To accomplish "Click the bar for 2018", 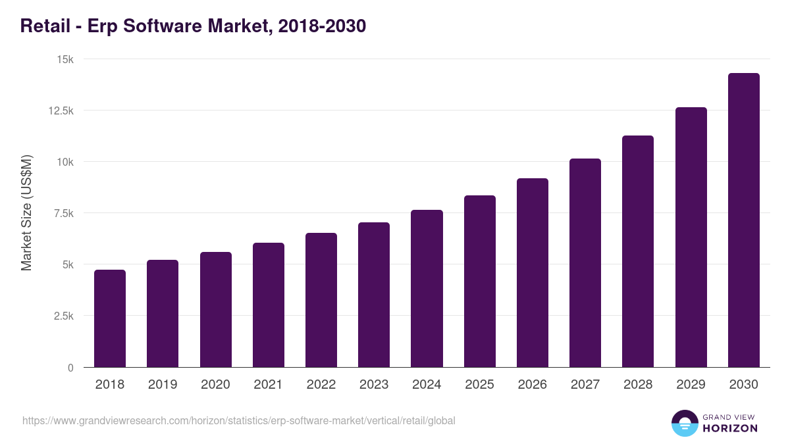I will (110, 318).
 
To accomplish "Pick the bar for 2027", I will (585, 262).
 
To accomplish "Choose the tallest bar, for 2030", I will (743, 220).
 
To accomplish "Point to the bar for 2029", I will (691, 237).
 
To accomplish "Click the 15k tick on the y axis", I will (65, 59).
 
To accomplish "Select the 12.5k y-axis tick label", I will (60, 111).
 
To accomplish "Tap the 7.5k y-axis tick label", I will (63, 213).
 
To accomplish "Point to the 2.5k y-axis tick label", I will (63, 316).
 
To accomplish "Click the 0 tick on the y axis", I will (70, 367).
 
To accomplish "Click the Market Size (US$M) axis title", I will (26, 212).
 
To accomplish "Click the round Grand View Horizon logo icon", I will (684, 423).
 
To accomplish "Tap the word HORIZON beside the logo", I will (729, 428).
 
